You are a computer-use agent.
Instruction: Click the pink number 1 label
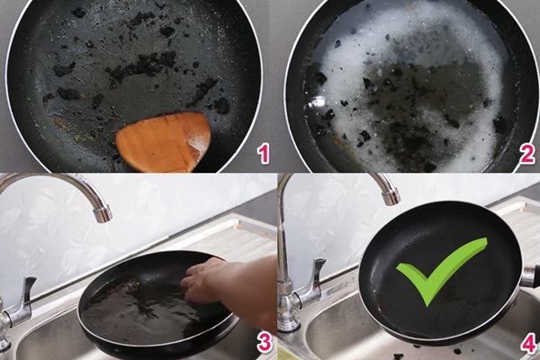pos(263,154)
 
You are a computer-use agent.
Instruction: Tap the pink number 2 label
pos(526,154)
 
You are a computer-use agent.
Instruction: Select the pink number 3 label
pos(263,341)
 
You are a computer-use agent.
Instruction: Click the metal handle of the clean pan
pos(530,276)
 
